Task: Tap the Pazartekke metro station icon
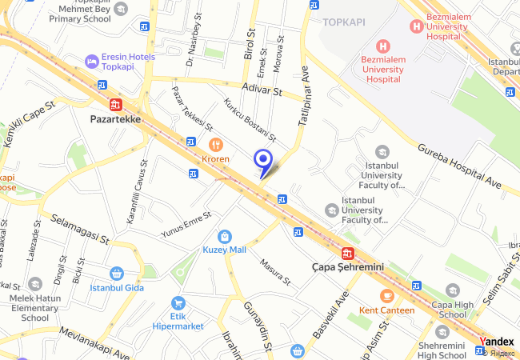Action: tap(116, 104)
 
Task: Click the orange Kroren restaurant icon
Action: tap(214, 144)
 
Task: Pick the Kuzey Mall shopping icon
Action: tap(226, 236)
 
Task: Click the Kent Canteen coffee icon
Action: tap(387, 296)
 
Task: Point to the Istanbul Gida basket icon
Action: tap(117, 274)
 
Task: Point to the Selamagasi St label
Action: tap(79, 228)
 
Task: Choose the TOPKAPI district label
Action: tap(344, 22)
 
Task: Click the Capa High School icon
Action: tap(453, 290)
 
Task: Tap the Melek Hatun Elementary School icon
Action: tap(35, 284)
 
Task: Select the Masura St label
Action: tap(274, 272)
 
